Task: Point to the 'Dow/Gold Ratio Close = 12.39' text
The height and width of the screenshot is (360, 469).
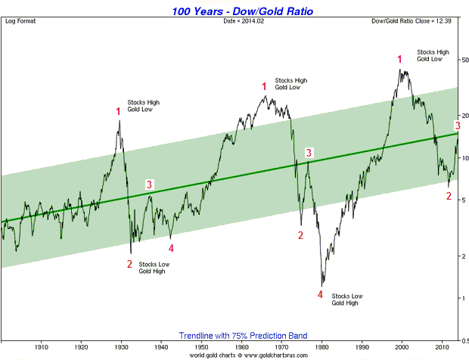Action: tap(421, 20)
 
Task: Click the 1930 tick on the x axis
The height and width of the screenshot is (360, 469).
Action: tap(122, 346)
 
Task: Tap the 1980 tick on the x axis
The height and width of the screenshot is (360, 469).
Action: tap(322, 346)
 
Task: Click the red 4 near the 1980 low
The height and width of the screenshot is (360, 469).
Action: tap(321, 293)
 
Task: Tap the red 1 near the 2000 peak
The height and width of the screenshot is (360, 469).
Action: tap(400, 59)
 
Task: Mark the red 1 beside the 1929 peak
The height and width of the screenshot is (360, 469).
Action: tap(118, 112)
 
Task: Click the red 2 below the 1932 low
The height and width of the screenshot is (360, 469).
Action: tap(129, 264)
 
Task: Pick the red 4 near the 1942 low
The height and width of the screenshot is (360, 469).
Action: tap(171, 247)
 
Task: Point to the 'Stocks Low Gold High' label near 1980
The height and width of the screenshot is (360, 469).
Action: tap(348, 299)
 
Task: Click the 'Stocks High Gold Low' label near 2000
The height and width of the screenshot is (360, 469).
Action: tap(433, 55)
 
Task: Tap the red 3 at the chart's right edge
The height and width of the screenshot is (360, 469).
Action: tap(457, 125)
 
